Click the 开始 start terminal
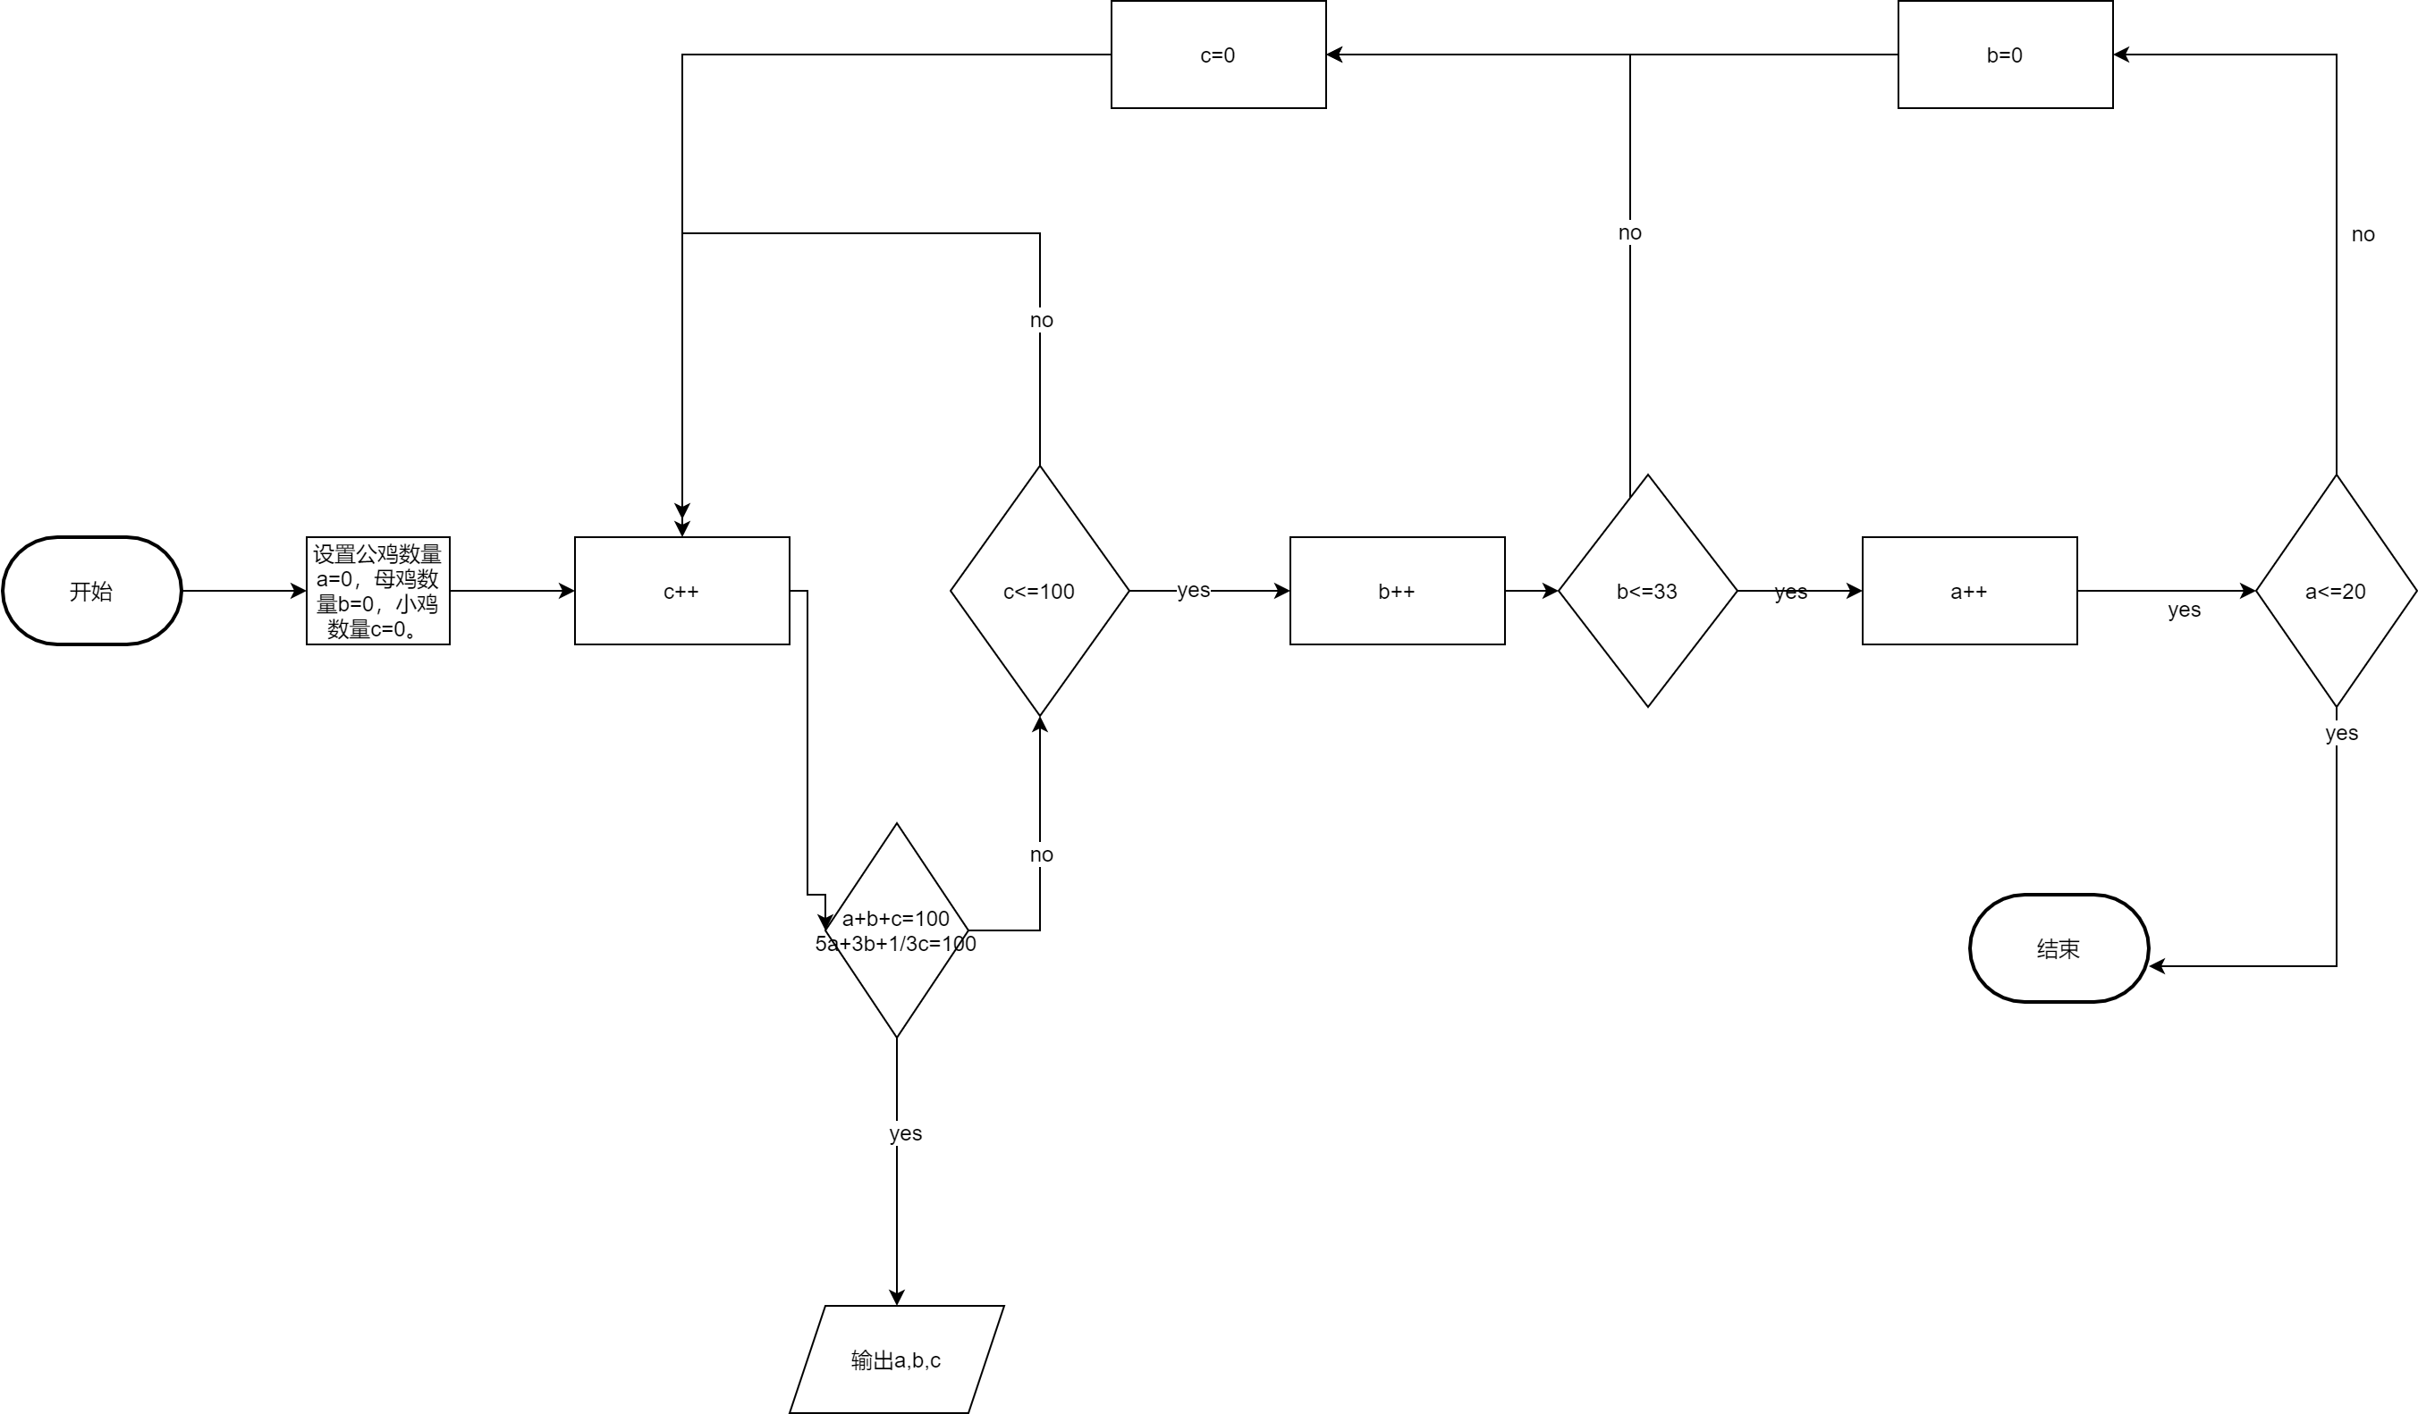[91, 591]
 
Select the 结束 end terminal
[2059, 948]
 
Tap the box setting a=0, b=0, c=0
[377, 591]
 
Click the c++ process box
[681, 591]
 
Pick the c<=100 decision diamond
[1039, 591]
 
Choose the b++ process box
[1396, 591]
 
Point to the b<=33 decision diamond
[1647, 591]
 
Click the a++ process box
[1969, 591]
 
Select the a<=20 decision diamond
[2336, 591]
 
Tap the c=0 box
[1218, 55]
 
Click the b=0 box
[2005, 55]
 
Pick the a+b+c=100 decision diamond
[896, 930]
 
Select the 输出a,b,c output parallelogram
[896, 1359]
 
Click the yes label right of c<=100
[1194, 590]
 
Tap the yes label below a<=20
[2341, 733]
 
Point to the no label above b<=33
[1629, 232]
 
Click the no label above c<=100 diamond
[1041, 320]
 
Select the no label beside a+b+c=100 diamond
[1041, 854]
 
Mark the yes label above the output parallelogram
[905, 1133]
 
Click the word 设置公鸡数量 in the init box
[377, 554]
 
